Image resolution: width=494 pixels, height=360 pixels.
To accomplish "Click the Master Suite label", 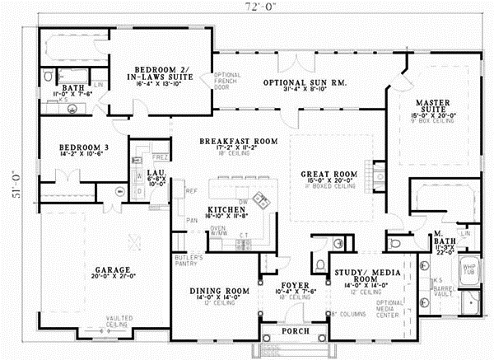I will point(433,103).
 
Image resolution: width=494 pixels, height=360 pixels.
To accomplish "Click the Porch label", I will point(294,331).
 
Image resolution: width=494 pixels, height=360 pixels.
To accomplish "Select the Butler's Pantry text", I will point(189,262).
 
